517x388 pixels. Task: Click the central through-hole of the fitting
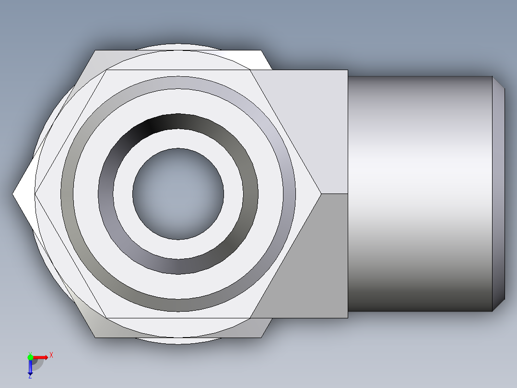click(178, 194)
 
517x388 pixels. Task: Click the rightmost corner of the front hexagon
click(320, 194)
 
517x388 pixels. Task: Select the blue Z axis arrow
click(30, 367)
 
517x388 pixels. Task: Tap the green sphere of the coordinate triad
click(30, 357)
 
